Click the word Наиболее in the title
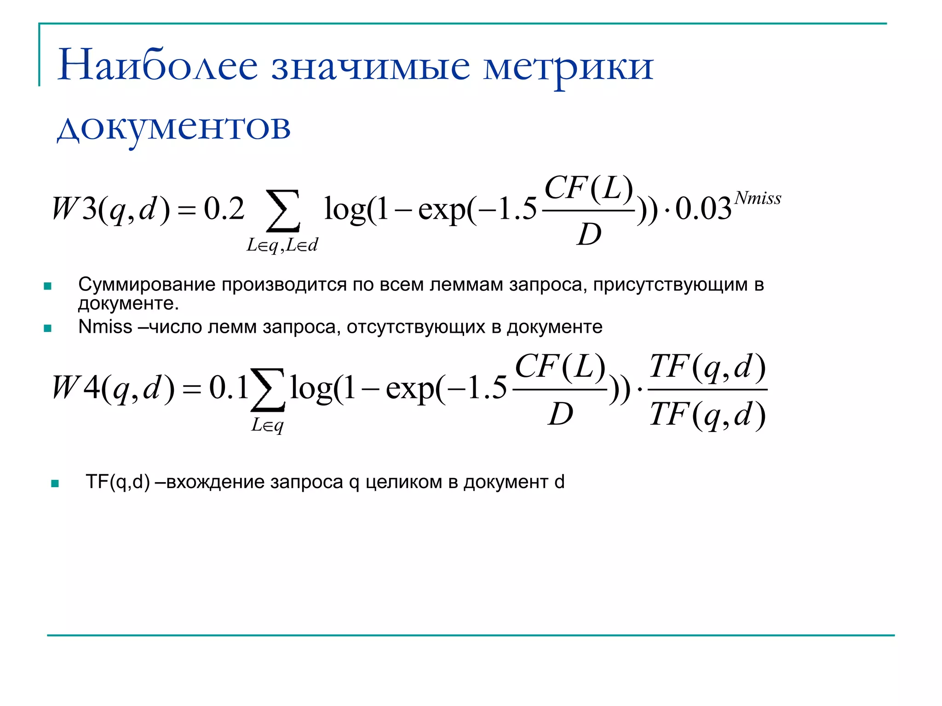(x=157, y=65)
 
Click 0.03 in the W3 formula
(x=703, y=209)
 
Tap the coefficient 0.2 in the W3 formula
(x=224, y=209)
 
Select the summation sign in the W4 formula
(x=268, y=389)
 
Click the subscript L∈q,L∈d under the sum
(x=282, y=245)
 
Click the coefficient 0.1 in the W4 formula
(x=229, y=387)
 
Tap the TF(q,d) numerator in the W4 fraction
(x=707, y=367)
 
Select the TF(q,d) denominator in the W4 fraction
(x=707, y=415)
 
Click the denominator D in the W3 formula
(x=589, y=234)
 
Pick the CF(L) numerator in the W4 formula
(x=560, y=367)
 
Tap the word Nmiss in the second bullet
(x=105, y=327)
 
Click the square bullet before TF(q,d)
(x=55, y=484)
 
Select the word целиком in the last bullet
(x=405, y=482)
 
